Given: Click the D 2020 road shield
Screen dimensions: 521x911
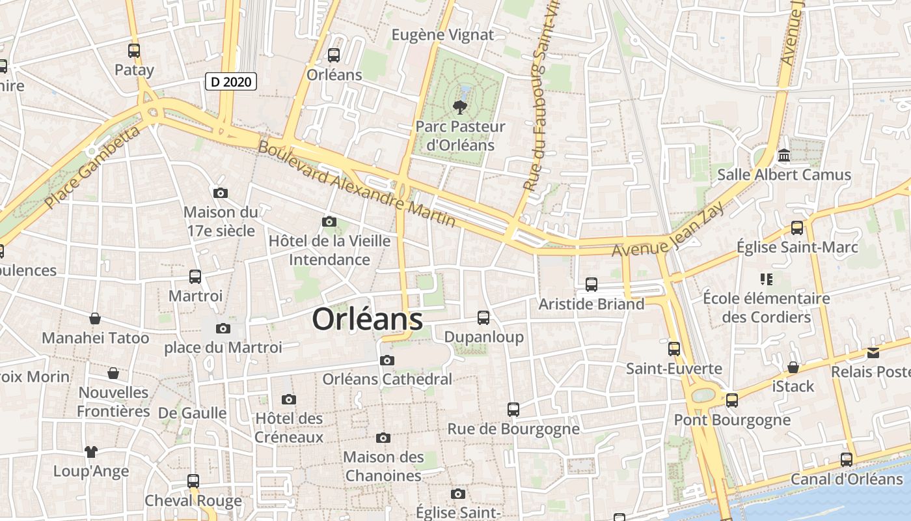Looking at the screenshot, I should [231, 81].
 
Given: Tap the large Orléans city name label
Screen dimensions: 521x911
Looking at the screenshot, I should [368, 319].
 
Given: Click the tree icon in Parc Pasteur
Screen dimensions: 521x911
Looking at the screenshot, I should [461, 107].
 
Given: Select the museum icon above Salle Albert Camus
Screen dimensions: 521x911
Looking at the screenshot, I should [784, 156].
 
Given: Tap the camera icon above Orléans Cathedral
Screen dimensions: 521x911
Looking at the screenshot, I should [387, 360].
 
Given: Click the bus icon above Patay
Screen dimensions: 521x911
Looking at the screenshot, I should [134, 50].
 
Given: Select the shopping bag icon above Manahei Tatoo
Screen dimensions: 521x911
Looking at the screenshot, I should [95, 318].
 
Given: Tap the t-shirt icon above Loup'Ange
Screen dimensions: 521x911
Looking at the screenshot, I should [90, 451].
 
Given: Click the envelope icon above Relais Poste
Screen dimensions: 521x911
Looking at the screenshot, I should [873, 352].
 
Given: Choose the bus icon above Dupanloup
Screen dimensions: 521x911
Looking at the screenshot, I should [483, 317].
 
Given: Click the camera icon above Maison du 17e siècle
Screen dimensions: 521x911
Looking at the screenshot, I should [221, 193].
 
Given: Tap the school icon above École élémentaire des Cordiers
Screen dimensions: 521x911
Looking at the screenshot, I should [766, 279].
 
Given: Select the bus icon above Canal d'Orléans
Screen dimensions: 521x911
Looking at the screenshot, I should [847, 459].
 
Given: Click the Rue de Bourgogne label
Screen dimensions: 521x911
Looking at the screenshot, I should [513, 429].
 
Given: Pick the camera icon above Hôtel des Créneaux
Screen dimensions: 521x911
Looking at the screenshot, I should [289, 399].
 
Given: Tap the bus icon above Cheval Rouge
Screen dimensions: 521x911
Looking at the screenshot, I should [193, 481].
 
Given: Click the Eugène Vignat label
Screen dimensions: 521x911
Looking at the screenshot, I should [443, 35].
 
